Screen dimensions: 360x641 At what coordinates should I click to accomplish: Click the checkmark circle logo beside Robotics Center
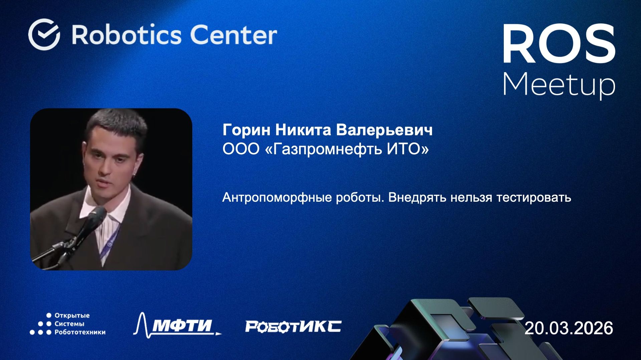(x=44, y=34)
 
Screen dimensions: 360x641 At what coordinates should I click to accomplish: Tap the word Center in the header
(x=233, y=35)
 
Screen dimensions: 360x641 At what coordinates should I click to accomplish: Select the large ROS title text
(x=559, y=44)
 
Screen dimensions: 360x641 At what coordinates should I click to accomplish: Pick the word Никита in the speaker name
(x=303, y=130)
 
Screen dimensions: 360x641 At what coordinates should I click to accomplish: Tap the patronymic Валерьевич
(x=384, y=130)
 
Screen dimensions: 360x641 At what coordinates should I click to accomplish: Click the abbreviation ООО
(x=241, y=149)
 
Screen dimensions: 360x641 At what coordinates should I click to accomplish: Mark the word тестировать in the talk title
(x=533, y=197)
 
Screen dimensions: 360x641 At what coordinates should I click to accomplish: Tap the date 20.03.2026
(x=569, y=328)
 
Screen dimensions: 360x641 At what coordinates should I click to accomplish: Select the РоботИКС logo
(x=293, y=326)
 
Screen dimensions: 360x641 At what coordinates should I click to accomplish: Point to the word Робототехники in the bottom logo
(x=80, y=332)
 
